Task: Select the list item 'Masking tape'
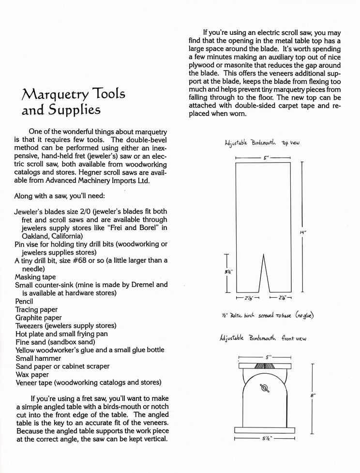35,276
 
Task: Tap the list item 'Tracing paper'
36,309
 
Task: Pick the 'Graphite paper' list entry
38,318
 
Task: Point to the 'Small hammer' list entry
38,358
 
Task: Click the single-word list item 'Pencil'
24,301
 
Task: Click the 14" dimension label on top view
303,232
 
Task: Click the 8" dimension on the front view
313,396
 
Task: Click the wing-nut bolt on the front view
264,388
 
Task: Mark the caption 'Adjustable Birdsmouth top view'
262,143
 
